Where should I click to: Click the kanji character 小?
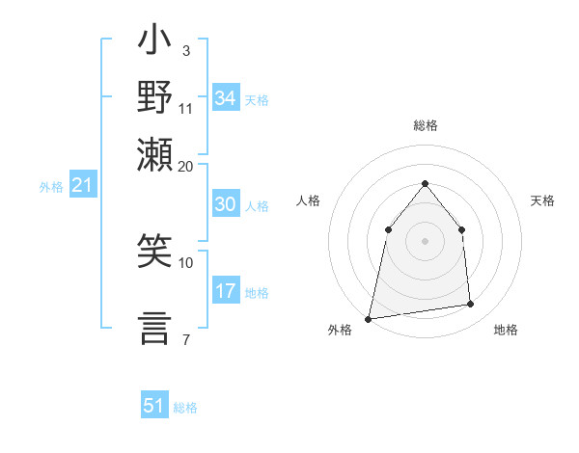tap(154, 43)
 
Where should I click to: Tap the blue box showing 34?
tap(226, 98)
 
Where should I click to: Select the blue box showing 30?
tap(226, 204)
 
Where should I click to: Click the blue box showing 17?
tap(226, 291)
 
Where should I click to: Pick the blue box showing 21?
tap(82, 185)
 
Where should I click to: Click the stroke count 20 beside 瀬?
tap(186, 166)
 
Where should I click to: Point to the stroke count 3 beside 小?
tap(185, 50)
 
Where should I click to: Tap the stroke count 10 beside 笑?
tap(186, 262)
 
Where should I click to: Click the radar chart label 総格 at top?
tap(425, 126)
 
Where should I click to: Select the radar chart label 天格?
tap(542, 200)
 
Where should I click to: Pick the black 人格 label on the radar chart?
tap(308, 200)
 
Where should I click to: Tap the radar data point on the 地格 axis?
tap(471, 305)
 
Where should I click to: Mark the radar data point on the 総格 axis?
tap(425, 183)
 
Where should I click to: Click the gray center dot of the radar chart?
tap(425, 241)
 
